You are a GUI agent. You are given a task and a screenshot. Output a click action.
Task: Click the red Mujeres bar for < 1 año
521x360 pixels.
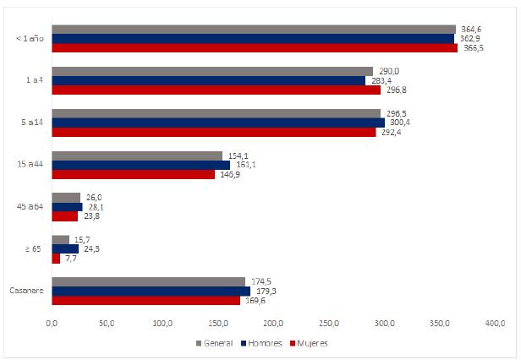tap(254, 48)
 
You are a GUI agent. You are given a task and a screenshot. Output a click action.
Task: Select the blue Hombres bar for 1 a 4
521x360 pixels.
tap(208, 81)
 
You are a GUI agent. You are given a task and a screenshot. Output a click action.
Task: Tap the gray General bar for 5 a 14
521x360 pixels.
tap(216, 113)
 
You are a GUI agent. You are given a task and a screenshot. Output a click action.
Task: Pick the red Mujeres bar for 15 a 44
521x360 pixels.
tap(133, 174)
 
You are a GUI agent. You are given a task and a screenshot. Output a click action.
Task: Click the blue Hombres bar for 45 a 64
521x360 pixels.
tap(67, 207)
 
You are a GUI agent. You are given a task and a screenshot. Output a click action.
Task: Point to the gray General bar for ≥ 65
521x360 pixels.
tap(60, 239)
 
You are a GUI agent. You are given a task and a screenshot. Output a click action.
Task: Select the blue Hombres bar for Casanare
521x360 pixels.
tap(151, 291)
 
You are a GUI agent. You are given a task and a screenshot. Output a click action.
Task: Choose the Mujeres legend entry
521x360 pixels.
tap(308, 343)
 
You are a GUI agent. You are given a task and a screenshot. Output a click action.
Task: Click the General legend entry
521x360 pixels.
tap(215, 343)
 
